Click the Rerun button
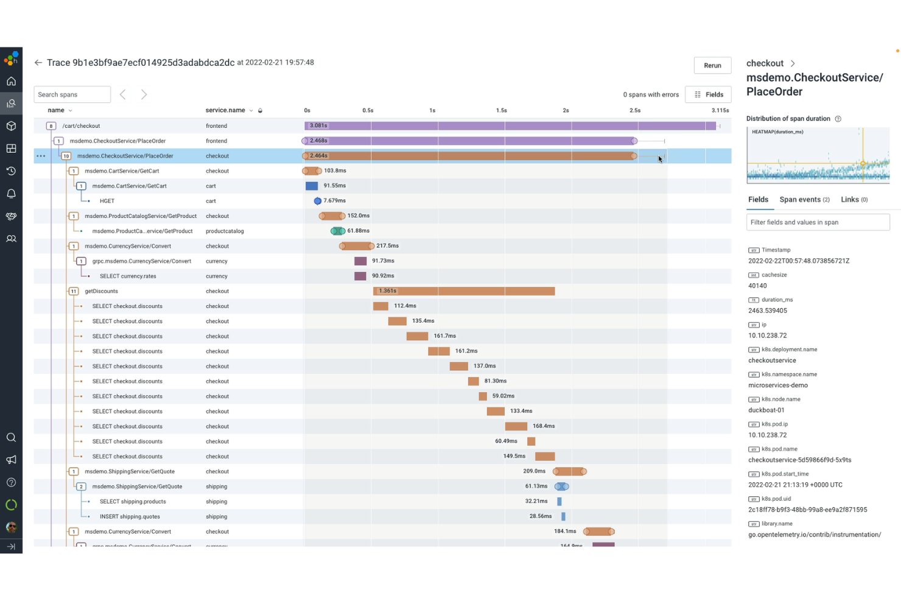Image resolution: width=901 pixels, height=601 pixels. click(712, 66)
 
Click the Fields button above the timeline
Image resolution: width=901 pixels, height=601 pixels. click(708, 95)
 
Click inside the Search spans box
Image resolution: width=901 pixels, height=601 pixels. click(72, 95)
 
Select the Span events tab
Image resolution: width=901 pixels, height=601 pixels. click(804, 200)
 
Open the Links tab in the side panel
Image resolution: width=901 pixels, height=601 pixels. click(854, 200)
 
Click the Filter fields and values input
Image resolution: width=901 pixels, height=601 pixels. click(818, 222)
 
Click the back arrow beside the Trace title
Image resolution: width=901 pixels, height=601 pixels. click(38, 63)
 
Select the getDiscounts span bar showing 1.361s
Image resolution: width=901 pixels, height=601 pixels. click(463, 291)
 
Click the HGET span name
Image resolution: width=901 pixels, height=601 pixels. click(107, 201)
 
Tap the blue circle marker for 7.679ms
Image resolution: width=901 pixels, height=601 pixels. click(317, 201)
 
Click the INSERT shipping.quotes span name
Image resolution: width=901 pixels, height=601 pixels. click(130, 516)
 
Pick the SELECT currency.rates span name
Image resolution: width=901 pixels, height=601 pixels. click(128, 276)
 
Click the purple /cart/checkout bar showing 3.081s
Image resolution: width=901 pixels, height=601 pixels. click(510, 126)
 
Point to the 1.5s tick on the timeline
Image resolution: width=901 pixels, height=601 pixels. click(501, 111)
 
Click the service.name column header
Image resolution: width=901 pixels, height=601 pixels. click(225, 111)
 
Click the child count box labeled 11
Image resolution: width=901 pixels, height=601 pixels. click(74, 292)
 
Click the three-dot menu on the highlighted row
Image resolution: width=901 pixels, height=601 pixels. click(41, 156)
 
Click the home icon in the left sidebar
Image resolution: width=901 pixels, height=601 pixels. click(11, 82)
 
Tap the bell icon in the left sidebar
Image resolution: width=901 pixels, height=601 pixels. click(11, 194)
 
